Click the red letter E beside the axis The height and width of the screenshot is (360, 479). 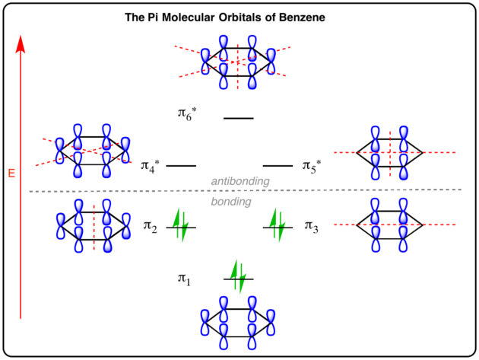pyautogui.click(x=11, y=173)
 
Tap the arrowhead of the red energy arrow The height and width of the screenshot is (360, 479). pyautogui.click(x=21, y=43)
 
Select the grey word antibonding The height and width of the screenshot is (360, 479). pyautogui.click(x=240, y=181)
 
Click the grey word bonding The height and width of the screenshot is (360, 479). pyautogui.click(x=230, y=202)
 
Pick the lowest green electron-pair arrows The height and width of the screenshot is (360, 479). pyautogui.click(x=238, y=276)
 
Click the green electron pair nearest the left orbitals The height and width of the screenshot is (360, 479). pyautogui.click(x=180, y=225)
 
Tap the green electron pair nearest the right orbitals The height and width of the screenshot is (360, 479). pyautogui.click(x=277, y=225)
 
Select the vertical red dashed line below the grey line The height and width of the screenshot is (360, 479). pyautogui.click(x=94, y=227)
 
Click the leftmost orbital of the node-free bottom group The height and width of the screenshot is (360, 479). pyautogui.click(x=205, y=323)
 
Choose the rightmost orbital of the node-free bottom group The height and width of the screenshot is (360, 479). pyautogui.click(x=271, y=323)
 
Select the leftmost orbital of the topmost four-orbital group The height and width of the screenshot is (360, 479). pyautogui.click(x=205, y=61)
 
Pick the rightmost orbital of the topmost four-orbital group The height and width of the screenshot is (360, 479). pyautogui.click(x=271, y=61)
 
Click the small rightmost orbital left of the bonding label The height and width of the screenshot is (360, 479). pyautogui.click(x=126, y=226)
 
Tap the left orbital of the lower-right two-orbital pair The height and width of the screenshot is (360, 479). pyautogui.click(x=375, y=225)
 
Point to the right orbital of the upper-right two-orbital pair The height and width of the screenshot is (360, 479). pyautogui.click(x=403, y=153)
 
